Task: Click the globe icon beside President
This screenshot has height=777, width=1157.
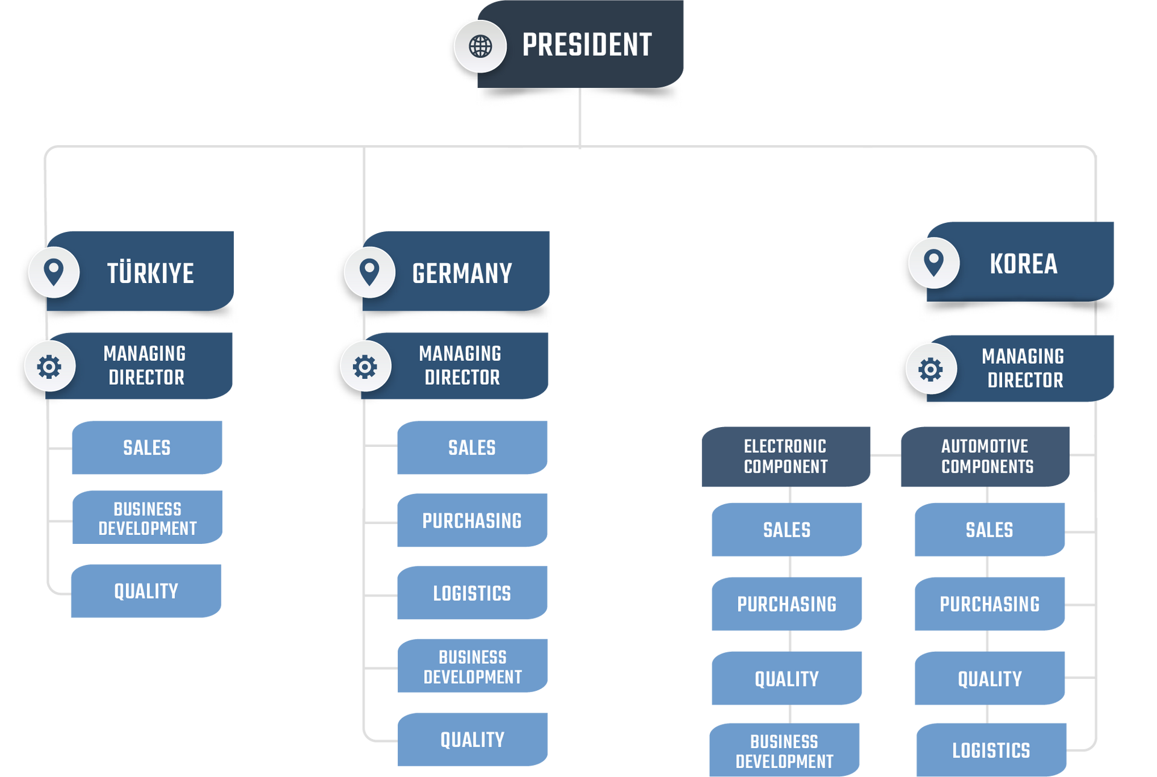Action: click(x=480, y=46)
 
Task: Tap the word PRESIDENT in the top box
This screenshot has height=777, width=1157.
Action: click(x=586, y=45)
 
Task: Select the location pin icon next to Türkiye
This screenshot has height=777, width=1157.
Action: click(x=54, y=272)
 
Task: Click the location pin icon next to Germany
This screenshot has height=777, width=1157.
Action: click(x=369, y=272)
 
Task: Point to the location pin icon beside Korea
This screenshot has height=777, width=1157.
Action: click(x=933, y=263)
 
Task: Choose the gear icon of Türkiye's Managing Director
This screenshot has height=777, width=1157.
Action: click(x=49, y=366)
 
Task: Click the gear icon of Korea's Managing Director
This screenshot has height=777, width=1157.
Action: click(x=930, y=369)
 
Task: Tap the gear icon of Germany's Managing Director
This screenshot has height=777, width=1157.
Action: click(x=365, y=366)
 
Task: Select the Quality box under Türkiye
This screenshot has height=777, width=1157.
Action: click(x=146, y=591)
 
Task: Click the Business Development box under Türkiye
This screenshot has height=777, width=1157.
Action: click(x=148, y=518)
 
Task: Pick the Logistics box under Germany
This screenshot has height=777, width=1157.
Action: click(x=472, y=593)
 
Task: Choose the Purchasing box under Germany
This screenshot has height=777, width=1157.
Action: click(x=472, y=520)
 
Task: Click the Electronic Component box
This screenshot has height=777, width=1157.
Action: click(x=785, y=456)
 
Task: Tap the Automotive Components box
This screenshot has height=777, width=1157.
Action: click(x=986, y=456)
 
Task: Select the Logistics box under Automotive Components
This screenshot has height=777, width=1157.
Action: click(x=991, y=750)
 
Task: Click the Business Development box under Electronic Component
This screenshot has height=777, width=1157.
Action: click(x=785, y=750)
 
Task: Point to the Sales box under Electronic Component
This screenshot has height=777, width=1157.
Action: click(x=786, y=529)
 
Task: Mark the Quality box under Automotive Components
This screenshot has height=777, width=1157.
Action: click(x=989, y=678)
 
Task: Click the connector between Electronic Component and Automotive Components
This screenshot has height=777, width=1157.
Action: click(x=886, y=456)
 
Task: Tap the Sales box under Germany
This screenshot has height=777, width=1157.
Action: click(x=472, y=448)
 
